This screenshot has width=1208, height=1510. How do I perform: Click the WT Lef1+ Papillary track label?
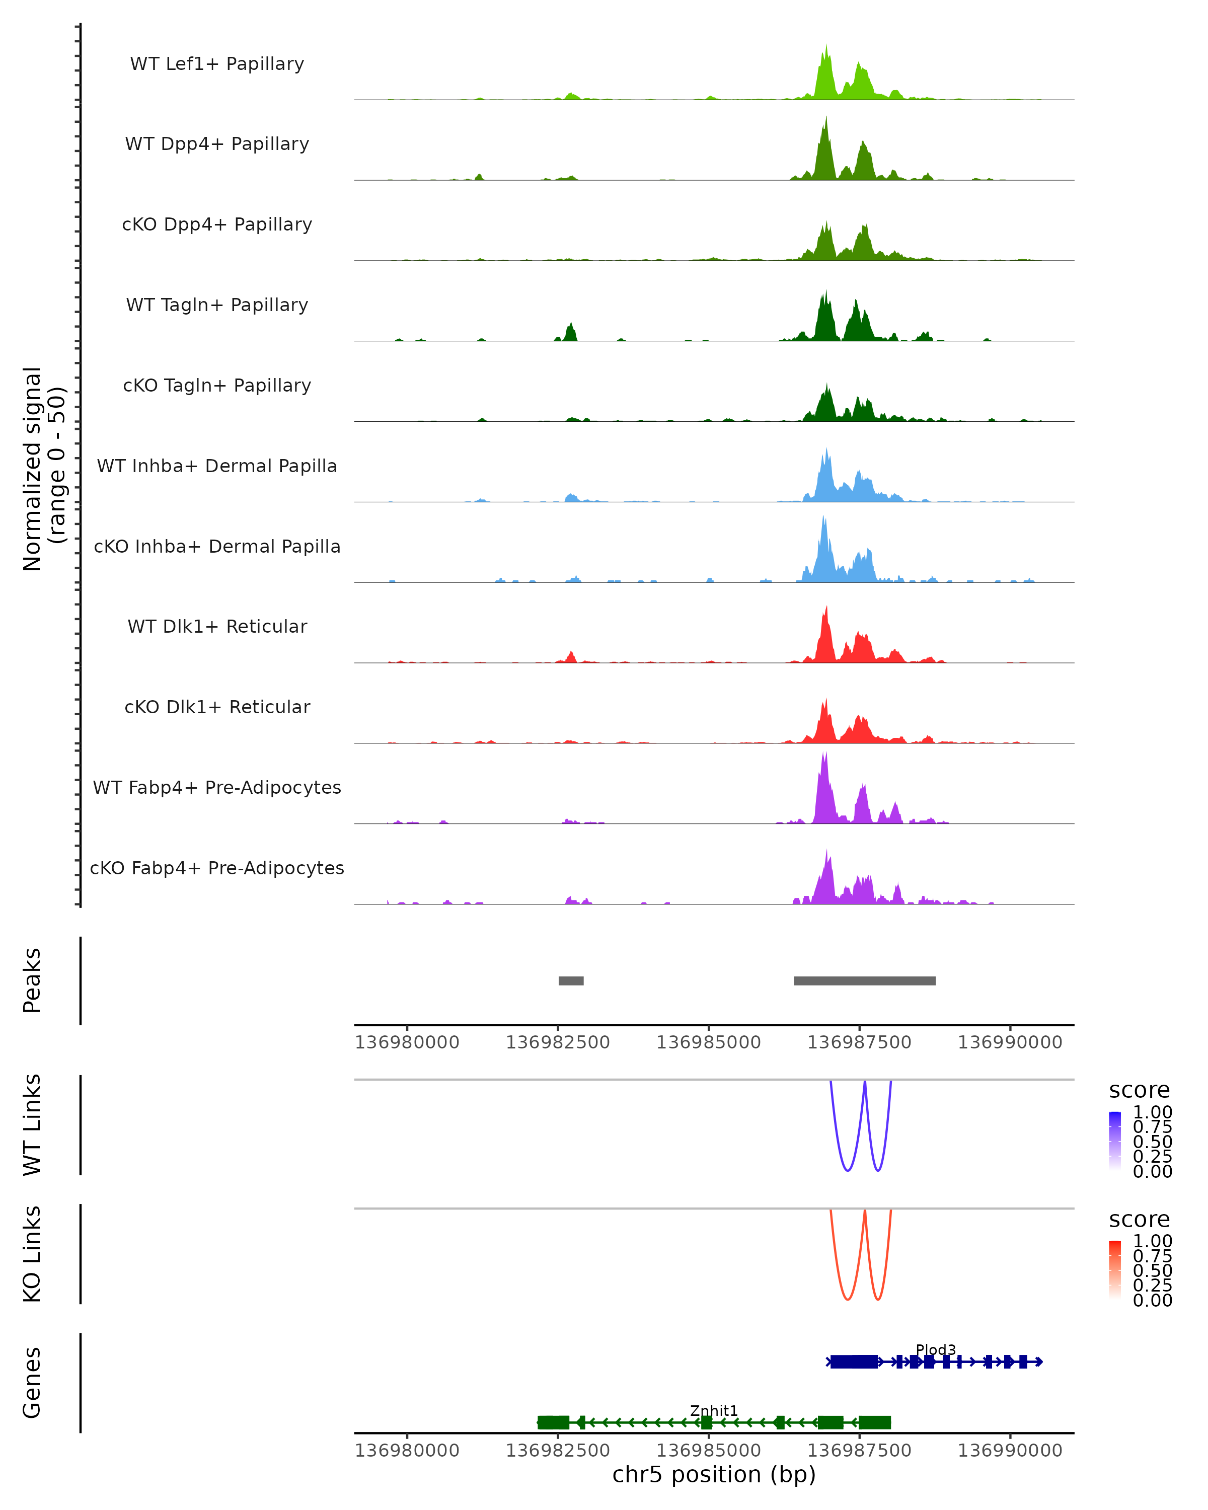point(217,64)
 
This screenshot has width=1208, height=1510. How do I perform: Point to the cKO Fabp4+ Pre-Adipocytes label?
point(217,868)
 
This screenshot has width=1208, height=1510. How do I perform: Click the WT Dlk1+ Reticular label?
point(217,626)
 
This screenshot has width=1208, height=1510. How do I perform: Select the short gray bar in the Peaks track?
point(571,980)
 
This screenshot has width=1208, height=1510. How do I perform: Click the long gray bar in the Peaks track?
point(864,980)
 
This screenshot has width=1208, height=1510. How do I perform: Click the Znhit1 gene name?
point(714,1410)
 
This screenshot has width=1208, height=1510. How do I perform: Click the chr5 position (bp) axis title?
point(714,1474)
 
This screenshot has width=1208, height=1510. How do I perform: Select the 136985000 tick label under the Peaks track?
point(708,1042)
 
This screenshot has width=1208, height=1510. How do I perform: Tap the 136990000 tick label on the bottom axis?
point(1009,1451)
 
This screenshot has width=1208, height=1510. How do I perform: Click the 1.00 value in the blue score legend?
point(1152,1112)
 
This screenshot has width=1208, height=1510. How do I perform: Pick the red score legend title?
point(1139,1220)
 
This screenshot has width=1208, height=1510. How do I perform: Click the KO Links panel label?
point(32,1254)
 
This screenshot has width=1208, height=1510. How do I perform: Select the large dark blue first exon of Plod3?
point(854,1362)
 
